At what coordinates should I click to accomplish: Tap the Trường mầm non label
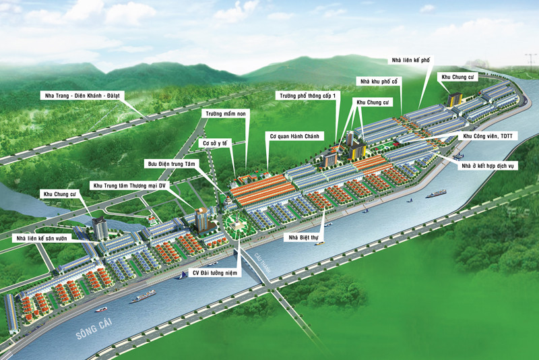[226, 114]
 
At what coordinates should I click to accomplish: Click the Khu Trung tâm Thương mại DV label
[129, 184]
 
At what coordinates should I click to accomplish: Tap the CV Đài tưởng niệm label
[217, 273]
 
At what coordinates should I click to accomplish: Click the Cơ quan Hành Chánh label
[294, 136]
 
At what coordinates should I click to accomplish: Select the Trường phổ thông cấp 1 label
[309, 96]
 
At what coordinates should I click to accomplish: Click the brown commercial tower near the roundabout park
[201, 220]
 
